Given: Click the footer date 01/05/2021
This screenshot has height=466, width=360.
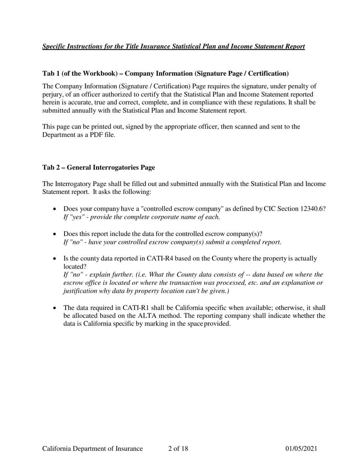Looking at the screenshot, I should point(301,449).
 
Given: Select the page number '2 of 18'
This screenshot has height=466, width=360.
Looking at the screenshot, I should point(178,449).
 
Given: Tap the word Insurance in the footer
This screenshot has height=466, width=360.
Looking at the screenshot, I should point(127,449).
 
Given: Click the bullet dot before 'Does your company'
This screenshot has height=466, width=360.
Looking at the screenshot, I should point(55,209).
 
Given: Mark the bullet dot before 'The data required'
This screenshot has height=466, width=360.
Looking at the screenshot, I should point(55,308).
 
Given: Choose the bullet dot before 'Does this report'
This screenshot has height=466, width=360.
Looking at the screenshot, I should point(55,234).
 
